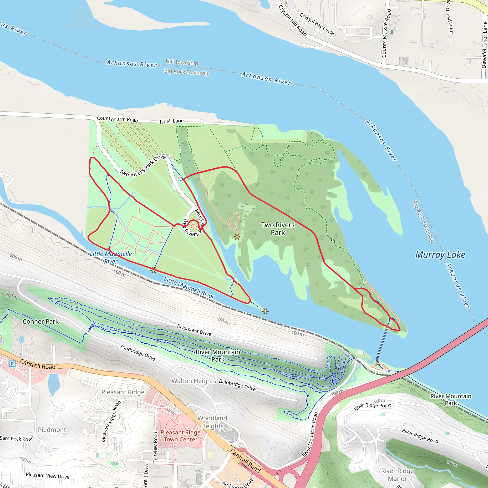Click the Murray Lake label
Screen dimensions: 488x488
click(x=440, y=255)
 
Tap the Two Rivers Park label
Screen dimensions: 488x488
click(x=278, y=229)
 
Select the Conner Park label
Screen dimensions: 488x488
click(x=41, y=321)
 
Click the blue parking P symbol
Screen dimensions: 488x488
click(x=12, y=364)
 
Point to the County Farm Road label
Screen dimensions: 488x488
click(x=118, y=119)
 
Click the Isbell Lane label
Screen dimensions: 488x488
click(x=172, y=121)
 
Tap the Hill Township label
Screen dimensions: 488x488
click(x=182, y=62)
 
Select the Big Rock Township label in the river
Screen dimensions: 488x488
click(x=187, y=72)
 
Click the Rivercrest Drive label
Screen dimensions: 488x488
click(x=194, y=330)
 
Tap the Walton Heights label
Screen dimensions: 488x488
click(x=194, y=381)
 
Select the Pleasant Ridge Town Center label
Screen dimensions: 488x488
click(x=181, y=436)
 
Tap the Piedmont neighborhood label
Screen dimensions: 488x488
click(x=52, y=430)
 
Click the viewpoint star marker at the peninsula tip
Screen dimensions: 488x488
click(x=265, y=311)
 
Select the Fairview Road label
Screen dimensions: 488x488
click(x=155, y=447)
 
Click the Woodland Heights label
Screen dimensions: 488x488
click(x=212, y=422)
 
